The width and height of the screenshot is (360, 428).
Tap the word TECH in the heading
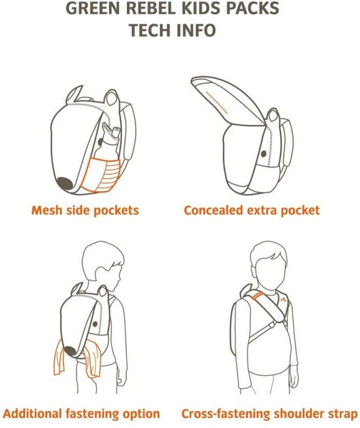(150, 30)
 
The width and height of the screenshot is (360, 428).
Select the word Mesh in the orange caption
(46, 210)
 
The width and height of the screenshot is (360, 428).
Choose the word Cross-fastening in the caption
(226, 414)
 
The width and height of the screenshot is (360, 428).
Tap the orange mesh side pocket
(101, 175)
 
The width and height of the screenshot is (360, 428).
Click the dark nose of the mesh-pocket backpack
(65, 183)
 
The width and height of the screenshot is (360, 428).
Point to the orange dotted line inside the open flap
(217, 102)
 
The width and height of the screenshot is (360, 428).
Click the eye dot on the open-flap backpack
(263, 153)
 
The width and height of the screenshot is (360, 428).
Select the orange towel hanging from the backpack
(77, 358)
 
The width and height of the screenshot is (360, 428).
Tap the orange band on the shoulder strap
(258, 296)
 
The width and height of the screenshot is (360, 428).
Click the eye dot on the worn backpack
(95, 325)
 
